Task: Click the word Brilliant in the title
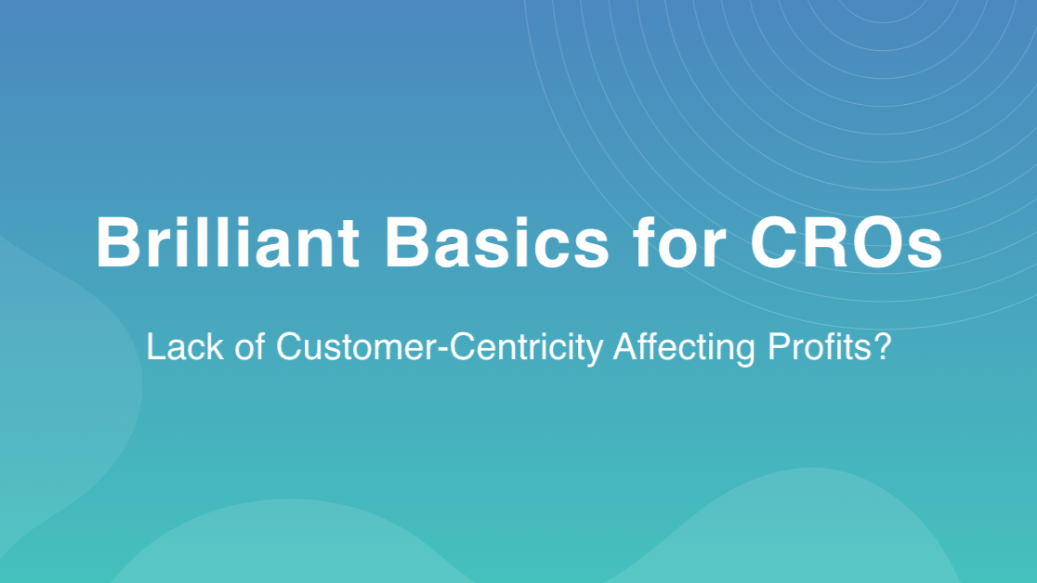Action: coord(228,242)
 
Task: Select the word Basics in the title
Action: coord(497,243)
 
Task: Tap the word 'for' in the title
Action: coord(680,242)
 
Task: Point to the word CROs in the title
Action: coord(847,243)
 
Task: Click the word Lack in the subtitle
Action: coord(185,346)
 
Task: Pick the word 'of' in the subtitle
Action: coord(250,346)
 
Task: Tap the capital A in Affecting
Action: coord(625,346)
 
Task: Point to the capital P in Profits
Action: coord(778,346)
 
